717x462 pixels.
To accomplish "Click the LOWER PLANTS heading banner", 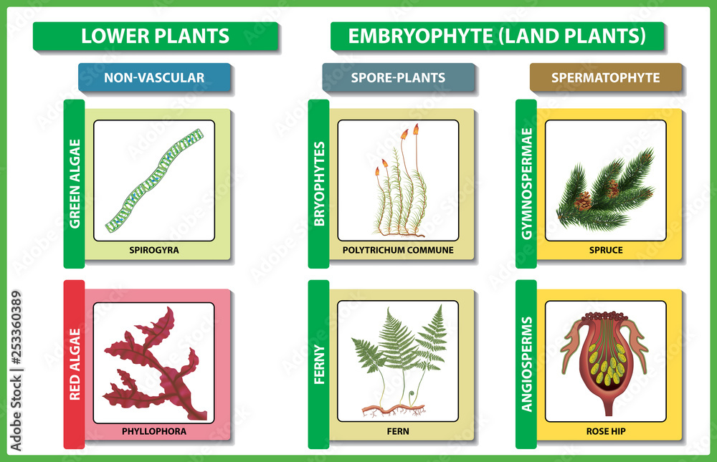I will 155,36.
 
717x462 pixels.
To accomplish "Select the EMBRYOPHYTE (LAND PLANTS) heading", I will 497,36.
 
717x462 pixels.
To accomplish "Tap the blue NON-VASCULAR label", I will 154,77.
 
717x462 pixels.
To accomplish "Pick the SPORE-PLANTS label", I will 398,77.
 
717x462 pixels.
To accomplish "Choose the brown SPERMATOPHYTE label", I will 605,77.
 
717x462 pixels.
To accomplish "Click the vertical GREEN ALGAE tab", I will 74,183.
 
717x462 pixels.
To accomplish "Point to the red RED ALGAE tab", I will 74,366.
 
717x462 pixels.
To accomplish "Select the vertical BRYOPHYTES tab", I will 319,183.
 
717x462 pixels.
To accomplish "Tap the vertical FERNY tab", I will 319,365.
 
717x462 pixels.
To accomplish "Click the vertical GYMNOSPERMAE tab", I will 526,183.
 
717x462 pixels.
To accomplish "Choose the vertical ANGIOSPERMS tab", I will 526,365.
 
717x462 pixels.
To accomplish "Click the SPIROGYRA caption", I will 153,251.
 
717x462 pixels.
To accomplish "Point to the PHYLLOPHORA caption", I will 153,431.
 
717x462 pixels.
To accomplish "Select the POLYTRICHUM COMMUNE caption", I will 398,251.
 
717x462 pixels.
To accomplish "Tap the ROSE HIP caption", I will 605,431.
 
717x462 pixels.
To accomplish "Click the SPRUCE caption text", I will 605,251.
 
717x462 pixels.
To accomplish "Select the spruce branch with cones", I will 607,190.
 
